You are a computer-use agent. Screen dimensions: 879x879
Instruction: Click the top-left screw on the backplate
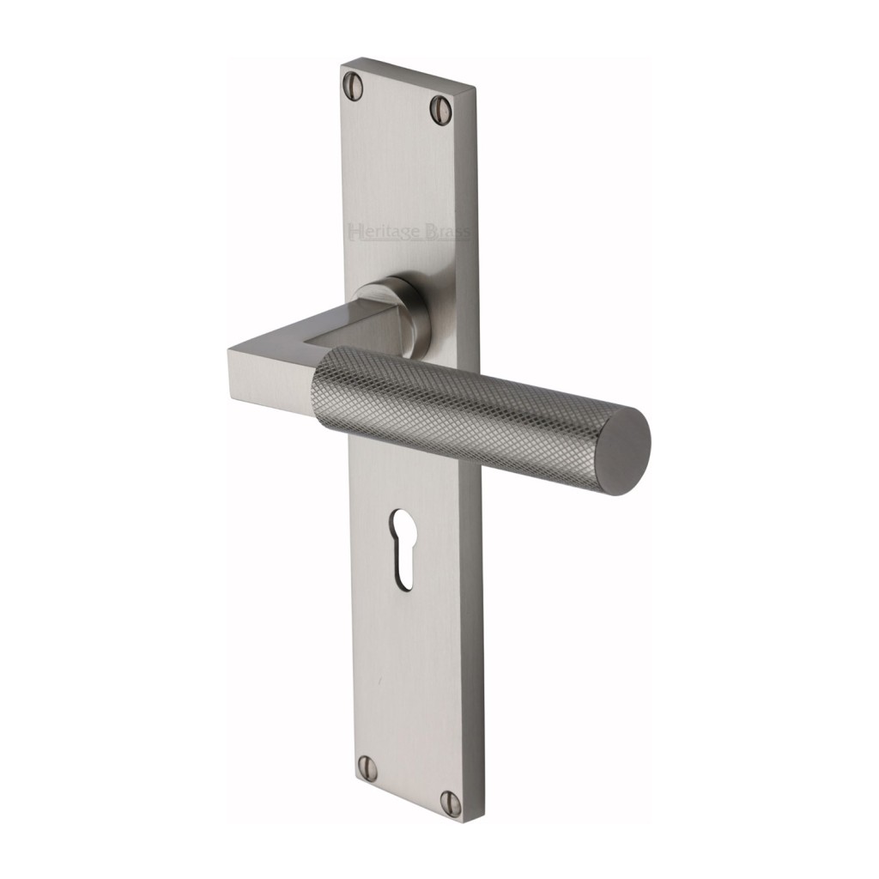[x=352, y=83]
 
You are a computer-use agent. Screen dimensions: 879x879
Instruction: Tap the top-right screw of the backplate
[x=440, y=108]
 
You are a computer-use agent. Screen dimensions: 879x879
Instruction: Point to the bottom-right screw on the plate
[x=451, y=802]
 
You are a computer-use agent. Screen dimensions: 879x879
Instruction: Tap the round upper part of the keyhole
[x=403, y=525]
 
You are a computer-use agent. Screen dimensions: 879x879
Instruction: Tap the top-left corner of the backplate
[x=343, y=62]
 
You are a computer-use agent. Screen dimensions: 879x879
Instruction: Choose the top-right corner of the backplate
[x=474, y=88]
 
